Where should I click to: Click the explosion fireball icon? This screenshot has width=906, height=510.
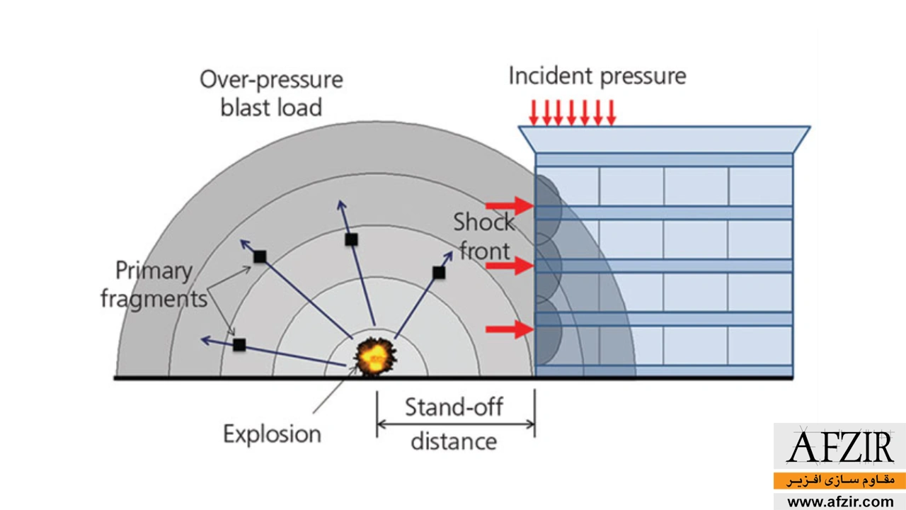click(x=374, y=356)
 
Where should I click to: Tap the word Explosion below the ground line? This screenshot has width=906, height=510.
click(x=272, y=433)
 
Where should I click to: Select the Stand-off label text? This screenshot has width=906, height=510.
click(x=454, y=407)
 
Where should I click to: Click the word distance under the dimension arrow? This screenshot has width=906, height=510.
click(x=454, y=441)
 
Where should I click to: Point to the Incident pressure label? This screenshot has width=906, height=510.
click(x=597, y=76)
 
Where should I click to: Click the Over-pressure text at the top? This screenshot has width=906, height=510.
click(x=271, y=79)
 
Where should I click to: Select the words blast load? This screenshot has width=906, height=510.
click(x=271, y=107)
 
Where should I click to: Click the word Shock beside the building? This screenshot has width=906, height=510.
click(x=484, y=222)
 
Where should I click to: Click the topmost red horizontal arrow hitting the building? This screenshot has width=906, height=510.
click(x=509, y=205)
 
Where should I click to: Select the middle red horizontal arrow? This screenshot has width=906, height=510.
click(x=509, y=266)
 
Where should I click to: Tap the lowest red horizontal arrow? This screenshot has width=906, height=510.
click(x=509, y=329)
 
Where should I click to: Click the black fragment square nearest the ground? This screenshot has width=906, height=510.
click(x=239, y=345)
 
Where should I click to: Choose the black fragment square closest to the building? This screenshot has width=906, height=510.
click(x=439, y=272)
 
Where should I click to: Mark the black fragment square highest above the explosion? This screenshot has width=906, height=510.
click(x=351, y=239)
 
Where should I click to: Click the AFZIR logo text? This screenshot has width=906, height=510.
click(x=840, y=448)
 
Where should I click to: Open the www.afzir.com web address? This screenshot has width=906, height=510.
click(x=840, y=501)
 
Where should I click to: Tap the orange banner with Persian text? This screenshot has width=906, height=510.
click(x=840, y=480)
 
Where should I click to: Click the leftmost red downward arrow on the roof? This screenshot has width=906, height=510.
click(x=534, y=112)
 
